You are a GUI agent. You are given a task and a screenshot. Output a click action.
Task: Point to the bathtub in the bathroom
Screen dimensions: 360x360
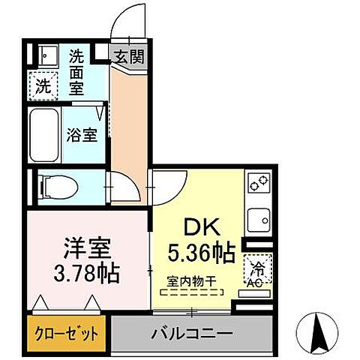coord(45,136)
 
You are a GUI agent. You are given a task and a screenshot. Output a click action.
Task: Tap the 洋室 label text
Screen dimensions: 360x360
coord(79,247)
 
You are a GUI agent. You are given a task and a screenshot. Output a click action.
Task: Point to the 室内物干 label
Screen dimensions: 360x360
coord(190,281)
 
